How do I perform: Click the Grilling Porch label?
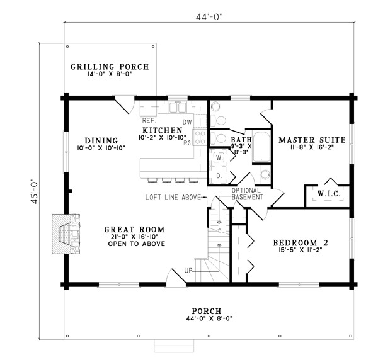point(109,67)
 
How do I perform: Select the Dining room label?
point(101,140)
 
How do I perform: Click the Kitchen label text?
point(162,130)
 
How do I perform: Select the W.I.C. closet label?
point(328,194)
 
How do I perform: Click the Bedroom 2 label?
point(300,242)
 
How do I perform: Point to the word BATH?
point(241,139)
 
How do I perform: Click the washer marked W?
point(219,157)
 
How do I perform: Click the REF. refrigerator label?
point(149,120)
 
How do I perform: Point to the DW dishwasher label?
point(186,121)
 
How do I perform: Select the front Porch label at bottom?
point(207,311)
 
